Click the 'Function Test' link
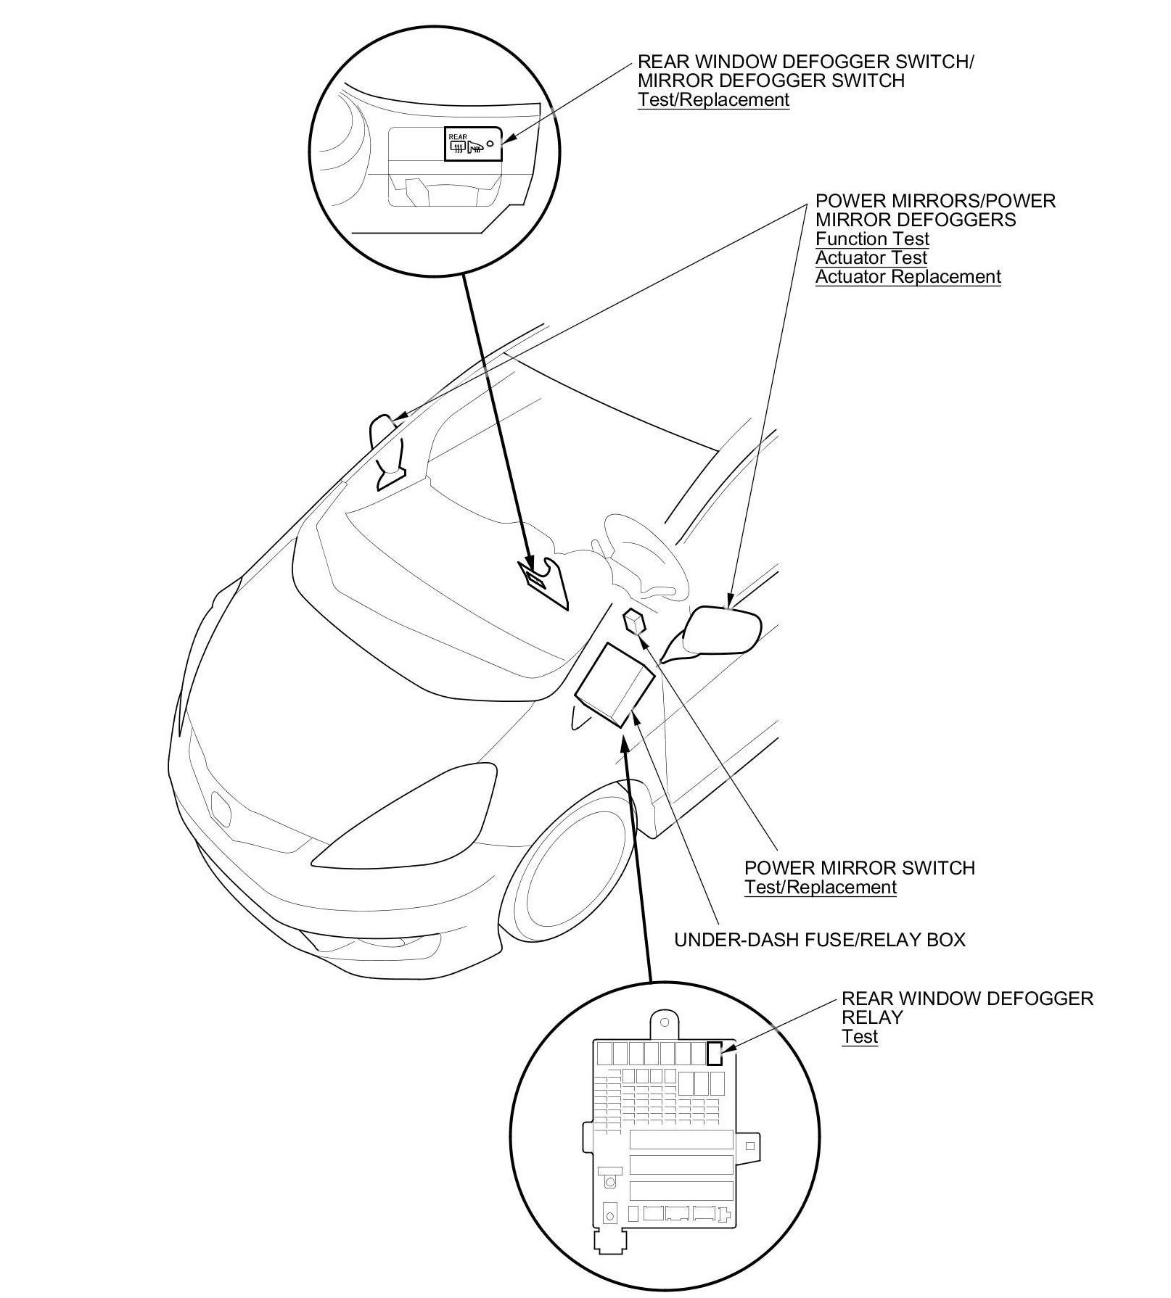[871, 239]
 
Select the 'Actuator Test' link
[871, 257]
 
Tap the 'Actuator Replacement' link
[908, 276]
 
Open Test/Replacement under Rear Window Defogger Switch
[713, 99]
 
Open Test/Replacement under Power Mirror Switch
[820, 887]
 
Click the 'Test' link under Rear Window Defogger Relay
[860, 1036]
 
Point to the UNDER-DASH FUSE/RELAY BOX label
[820, 940]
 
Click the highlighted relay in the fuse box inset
[715, 1053]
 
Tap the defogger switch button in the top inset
[472, 144]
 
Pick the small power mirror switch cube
[635, 621]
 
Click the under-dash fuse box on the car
[615, 683]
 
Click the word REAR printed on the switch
[458, 136]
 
